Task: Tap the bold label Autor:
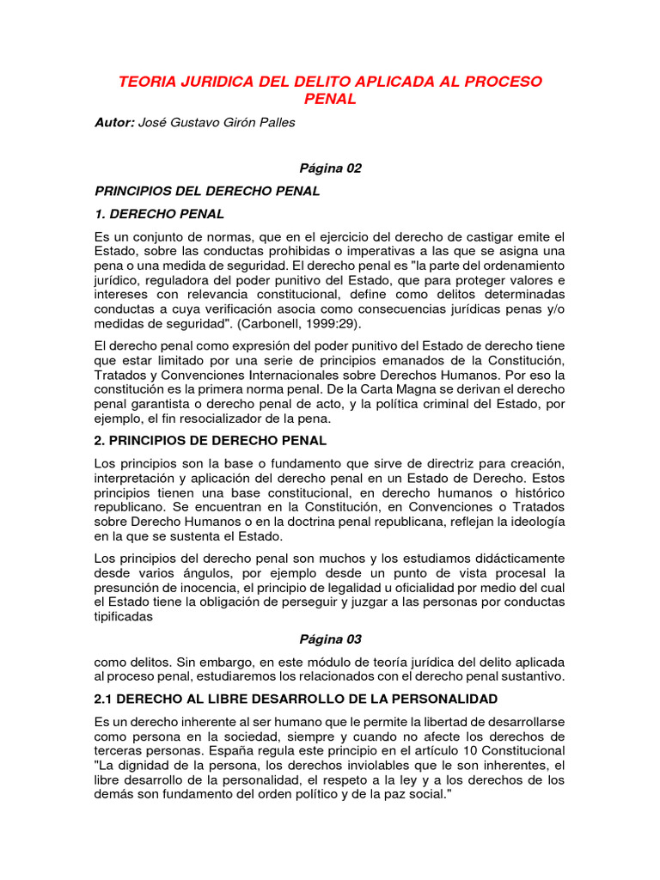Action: [x=114, y=123]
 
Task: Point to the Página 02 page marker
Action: [x=330, y=168]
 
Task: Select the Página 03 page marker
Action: [x=330, y=639]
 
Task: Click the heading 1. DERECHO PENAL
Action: [x=159, y=213]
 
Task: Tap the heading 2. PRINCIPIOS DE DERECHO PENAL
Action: [x=211, y=441]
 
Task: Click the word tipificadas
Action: [x=124, y=616]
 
